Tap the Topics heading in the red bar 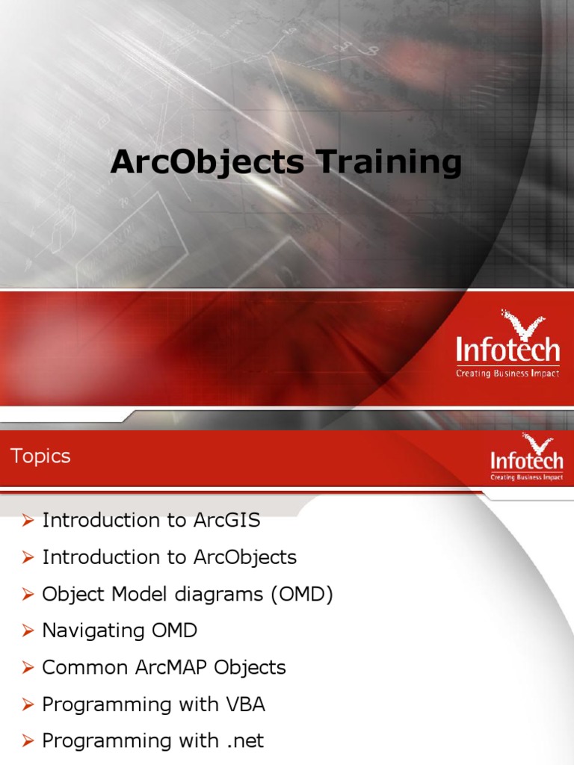point(41,456)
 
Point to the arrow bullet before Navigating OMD point(28,631)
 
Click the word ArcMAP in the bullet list point(170,668)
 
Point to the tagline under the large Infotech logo point(507,373)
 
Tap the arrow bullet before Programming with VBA point(28,705)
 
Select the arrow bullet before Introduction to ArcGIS point(28,521)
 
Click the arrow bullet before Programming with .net point(28,742)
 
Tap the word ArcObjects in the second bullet point(244,557)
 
